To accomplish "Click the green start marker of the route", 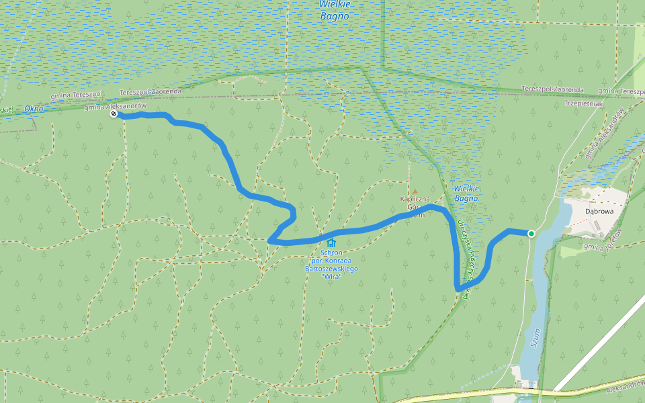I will tap(531, 234).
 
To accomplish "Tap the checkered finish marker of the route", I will tap(114, 114).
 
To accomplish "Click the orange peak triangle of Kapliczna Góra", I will tap(415, 191).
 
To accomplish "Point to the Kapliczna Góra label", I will tap(415, 204).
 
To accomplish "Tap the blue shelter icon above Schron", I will tap(331, 242).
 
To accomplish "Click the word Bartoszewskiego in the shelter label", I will tap(331, 269).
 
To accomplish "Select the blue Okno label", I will tap(34, 108).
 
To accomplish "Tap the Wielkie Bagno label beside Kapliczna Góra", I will tap(465, 193).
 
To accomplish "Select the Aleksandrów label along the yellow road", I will tap(623, 390).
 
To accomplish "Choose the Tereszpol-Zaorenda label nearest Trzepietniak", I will tap(552, 89).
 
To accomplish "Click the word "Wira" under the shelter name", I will tap(331, 277).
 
